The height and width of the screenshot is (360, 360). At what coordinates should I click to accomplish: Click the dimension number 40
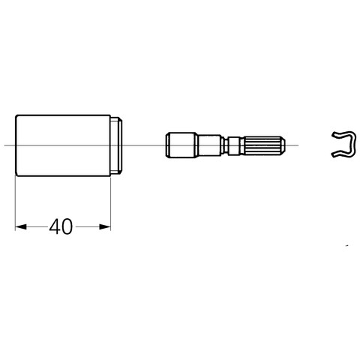tap(61, 226)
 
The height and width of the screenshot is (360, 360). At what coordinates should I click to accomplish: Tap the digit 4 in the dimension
tap(55, 226)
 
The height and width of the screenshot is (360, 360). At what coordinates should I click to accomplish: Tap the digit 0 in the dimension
tap(67, 226)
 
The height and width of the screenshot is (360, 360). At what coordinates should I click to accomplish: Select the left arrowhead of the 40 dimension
tap(21, 226)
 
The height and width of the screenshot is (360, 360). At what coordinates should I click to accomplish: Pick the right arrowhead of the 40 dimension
tap(105, 226)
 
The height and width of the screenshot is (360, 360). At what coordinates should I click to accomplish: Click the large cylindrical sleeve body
tap(63, 145)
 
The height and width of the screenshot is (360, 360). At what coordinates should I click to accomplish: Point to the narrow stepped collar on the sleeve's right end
tap(116, 145)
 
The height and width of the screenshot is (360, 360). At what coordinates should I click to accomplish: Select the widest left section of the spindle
tap(181, 145)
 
